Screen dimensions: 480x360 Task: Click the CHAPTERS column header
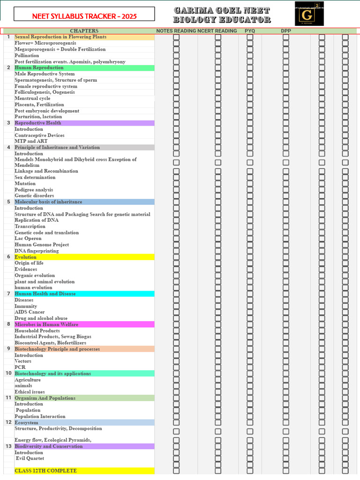coord(84,31)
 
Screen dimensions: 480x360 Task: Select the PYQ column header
coord(250,31)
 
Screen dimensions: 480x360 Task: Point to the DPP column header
coord(286,31)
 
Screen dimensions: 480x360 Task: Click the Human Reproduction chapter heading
coord(39,67)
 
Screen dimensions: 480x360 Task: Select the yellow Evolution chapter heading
coord(25,257)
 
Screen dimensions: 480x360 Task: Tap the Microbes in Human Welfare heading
coord(46,324)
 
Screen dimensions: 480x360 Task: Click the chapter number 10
coord(8,374)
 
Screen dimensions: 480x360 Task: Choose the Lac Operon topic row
coord(28,239)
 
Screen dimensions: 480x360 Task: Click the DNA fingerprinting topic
coord(37,251)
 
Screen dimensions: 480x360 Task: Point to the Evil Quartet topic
coord(30,459)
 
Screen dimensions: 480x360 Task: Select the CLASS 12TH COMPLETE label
coord(45,471)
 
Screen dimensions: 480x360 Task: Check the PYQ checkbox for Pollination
coord(250,55)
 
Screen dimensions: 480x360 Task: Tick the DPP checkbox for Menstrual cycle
coord(286,98)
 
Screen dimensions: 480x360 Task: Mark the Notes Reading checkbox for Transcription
coord(176,226)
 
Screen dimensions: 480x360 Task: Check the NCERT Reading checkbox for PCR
coord(218,367)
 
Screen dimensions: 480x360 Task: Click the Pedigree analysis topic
coord(34,190)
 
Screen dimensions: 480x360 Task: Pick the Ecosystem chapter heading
coord(26,422)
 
